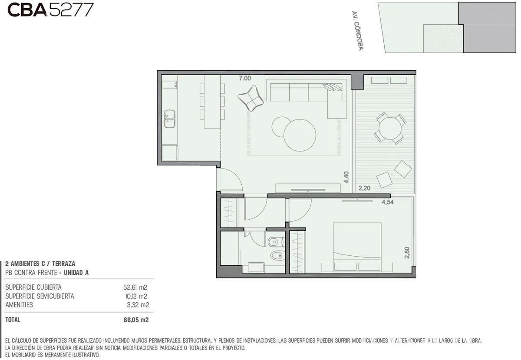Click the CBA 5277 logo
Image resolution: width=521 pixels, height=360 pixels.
(x=50, y=10)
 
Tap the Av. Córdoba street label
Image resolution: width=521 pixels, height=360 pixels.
(x=357, y=31)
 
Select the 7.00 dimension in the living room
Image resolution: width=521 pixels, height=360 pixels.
(x=245, y=78)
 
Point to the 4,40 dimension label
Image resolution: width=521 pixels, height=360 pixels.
(x=346, y=177)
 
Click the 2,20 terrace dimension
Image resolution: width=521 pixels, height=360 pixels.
(x=364, y=188)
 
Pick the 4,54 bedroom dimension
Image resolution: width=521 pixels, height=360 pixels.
(x=387, y=202)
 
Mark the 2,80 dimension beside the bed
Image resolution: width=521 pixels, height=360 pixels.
(x=407, y=252)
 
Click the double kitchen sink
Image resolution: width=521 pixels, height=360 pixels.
(x=170, y=119)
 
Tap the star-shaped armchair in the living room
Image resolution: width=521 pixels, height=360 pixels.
(x=251, y=98)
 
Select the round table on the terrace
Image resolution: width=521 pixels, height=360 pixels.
(x=390, y=128)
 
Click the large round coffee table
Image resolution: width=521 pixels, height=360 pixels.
(x=300, y=135)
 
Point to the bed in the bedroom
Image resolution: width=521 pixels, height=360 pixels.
(x=357, y=247)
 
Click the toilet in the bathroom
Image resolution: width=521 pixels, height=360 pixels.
(x=276, y=242)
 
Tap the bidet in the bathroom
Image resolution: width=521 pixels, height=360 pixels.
(x=277, y=256)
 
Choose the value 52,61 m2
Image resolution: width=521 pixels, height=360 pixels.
(x=135, y=287)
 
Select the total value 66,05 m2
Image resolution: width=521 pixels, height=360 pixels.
(x=136, y=320)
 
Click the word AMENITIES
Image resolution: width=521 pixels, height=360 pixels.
(x=19, y=305)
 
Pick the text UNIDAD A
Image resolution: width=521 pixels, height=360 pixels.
(x=76, y=273)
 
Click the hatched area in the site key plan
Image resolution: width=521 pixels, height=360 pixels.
(x=443, y=39)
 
